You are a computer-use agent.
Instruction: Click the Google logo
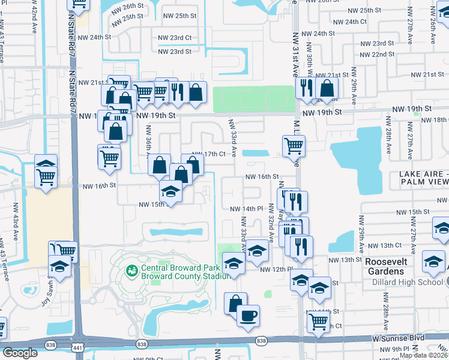pos(20,353)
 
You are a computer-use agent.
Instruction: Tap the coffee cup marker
pos(247,315)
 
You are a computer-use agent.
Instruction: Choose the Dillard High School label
pos(411,282)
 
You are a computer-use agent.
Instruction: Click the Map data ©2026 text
pos(423,355)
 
